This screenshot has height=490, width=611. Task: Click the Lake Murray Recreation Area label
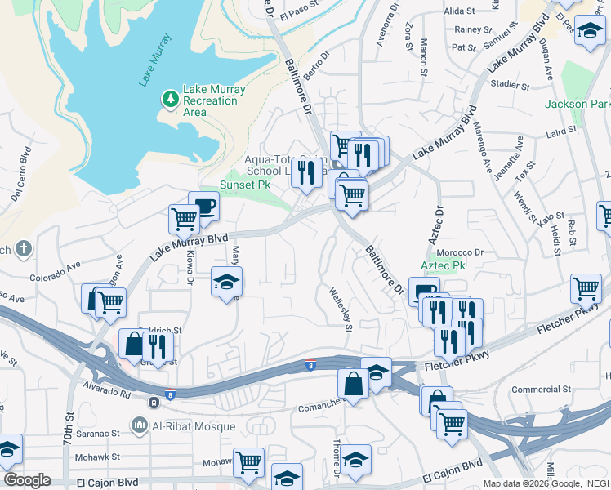coord(210,100)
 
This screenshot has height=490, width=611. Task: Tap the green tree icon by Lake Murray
coord(171,100)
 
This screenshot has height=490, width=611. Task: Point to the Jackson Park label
coord(578,105)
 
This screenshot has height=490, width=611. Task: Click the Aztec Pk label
coord(443,266)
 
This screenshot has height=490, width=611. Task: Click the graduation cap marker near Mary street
coord(226,282)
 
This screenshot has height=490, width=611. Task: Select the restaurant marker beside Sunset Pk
coord(306,171)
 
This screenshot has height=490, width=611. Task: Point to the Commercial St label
coord(541,390)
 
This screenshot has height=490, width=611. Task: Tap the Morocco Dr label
coord(466,252)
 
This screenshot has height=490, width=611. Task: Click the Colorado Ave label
coord(56,271)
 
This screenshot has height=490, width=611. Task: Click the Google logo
coord(27,480)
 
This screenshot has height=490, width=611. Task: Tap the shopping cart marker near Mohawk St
coord(248,461)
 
